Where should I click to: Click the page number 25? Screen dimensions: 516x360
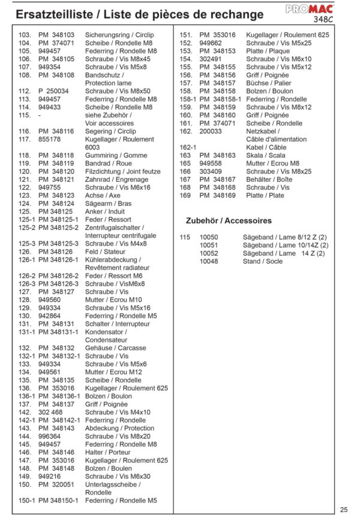344,509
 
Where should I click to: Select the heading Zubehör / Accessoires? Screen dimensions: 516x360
229,221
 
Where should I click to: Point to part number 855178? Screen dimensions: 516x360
49,139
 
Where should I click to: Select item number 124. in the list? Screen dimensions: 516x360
25,203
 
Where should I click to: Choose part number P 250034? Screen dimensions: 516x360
53,91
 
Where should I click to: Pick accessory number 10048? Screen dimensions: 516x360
209,262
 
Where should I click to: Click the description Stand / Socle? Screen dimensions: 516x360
262,262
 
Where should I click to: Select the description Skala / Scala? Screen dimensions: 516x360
266,155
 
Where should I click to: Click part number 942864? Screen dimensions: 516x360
49,316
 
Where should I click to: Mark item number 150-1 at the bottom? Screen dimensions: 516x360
25,500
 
